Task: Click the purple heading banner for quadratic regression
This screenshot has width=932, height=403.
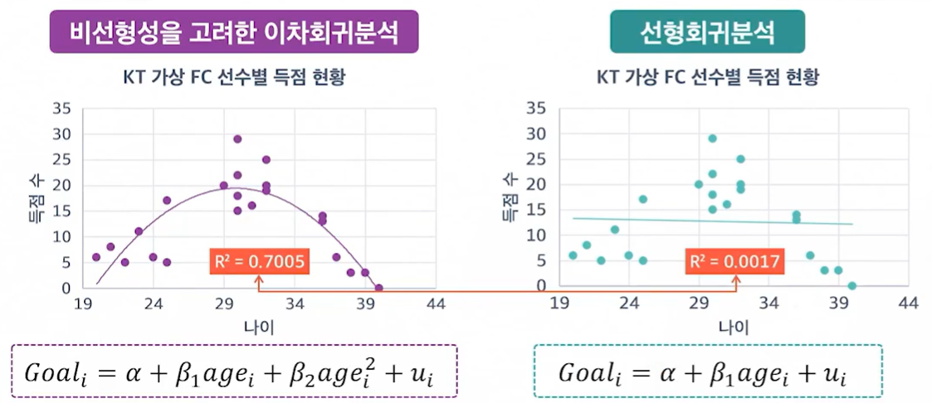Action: point(234,32)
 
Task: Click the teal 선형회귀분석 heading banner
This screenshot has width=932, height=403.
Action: point(707,32)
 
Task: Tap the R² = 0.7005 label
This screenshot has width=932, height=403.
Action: point(259,262)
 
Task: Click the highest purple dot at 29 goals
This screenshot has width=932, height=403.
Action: point(237,138)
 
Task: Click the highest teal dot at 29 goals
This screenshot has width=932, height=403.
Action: point(712,138)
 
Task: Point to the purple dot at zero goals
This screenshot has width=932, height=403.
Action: point(379,288)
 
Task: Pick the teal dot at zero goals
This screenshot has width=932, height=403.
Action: point(851,285)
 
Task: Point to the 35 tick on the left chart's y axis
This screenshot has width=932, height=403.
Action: point(61,109)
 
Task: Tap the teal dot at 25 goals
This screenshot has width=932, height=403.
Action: point(740,159)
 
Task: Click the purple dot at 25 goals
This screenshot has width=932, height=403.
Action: point(266,160)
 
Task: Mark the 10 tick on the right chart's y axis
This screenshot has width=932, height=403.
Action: point(535,235)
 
